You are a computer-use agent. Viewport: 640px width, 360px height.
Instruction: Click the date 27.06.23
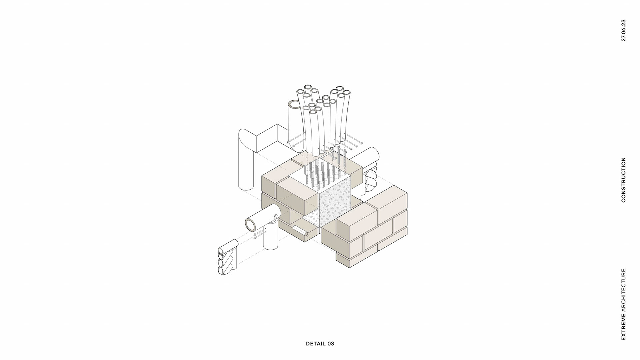623,30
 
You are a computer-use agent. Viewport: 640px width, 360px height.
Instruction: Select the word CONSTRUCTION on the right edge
623,180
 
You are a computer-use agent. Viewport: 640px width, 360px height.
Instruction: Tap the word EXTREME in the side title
623,327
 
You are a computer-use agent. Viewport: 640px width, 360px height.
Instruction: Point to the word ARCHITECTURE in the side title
623,291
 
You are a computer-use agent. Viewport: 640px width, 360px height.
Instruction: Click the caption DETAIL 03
320,344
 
